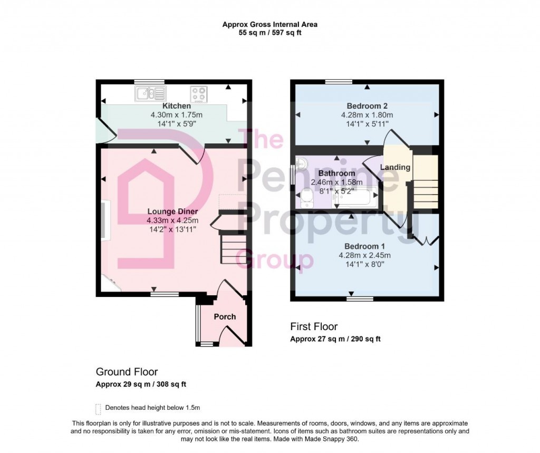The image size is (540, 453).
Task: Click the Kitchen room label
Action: [162, 106]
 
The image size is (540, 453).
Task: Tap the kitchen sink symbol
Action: [150, 94]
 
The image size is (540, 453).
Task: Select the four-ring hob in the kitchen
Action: [199, 94]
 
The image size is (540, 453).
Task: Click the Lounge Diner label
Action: [172, 211]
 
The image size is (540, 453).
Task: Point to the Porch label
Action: [225, 317]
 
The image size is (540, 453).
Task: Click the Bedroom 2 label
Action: [367, 105]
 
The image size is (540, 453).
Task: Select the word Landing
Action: [396, 167]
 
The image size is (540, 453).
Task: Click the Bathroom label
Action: [337, 173]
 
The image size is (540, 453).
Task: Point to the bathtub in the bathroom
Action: [354, 198]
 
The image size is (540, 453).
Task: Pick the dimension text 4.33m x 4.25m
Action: [172, 220]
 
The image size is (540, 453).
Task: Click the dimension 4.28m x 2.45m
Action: [365, 256]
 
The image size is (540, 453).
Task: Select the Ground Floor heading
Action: [127, 372]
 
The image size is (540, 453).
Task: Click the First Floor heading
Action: [314, 326]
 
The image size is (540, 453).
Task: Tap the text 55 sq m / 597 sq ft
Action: [269, 33]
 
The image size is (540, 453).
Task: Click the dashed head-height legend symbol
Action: [98, 408]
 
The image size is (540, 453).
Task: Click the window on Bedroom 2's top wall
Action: [339, 81]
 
